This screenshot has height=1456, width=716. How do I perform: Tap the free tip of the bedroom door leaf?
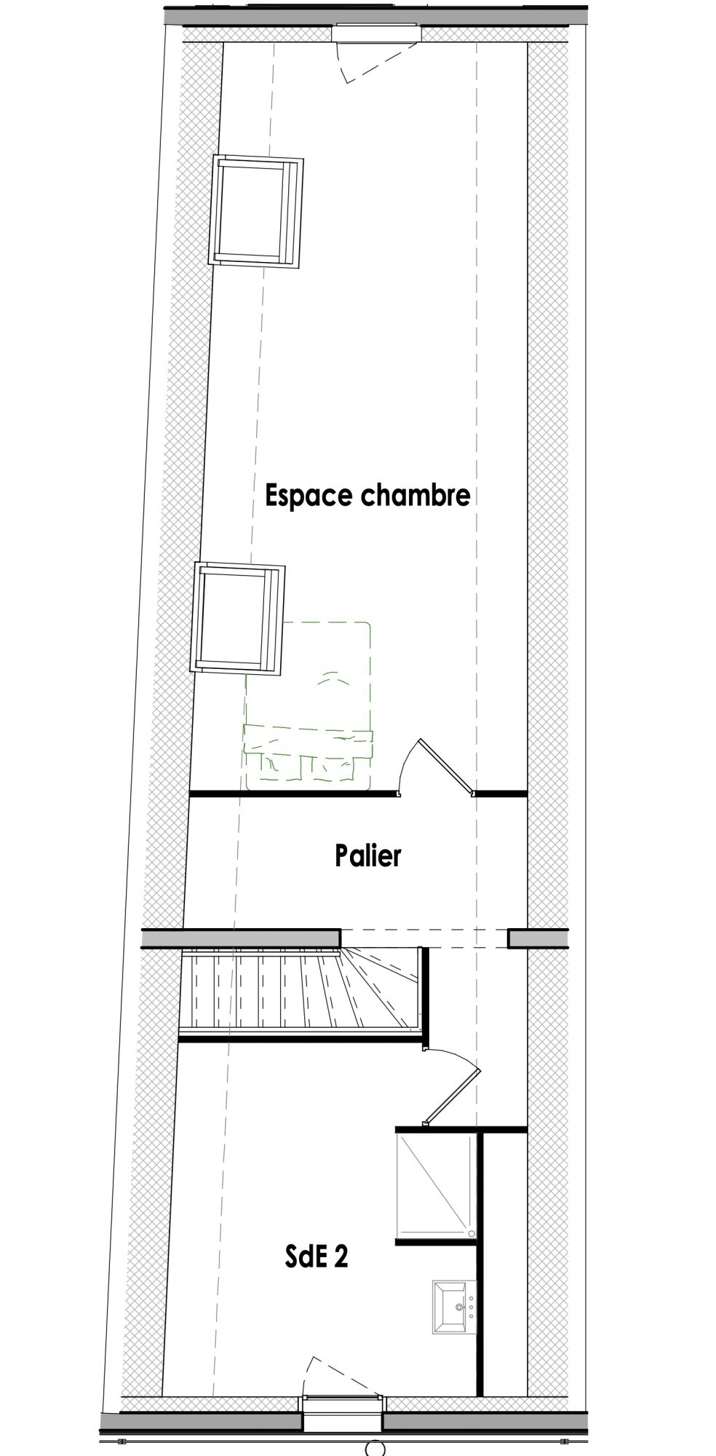(x=419, y=741)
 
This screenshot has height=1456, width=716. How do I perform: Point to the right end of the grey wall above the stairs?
(x=341, y=938)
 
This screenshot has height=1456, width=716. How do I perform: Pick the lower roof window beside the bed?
(x=236, y=617)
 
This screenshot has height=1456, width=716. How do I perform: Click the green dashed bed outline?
(x=309, y=705)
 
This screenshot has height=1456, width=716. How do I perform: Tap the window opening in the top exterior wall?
(x=376, y=33)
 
